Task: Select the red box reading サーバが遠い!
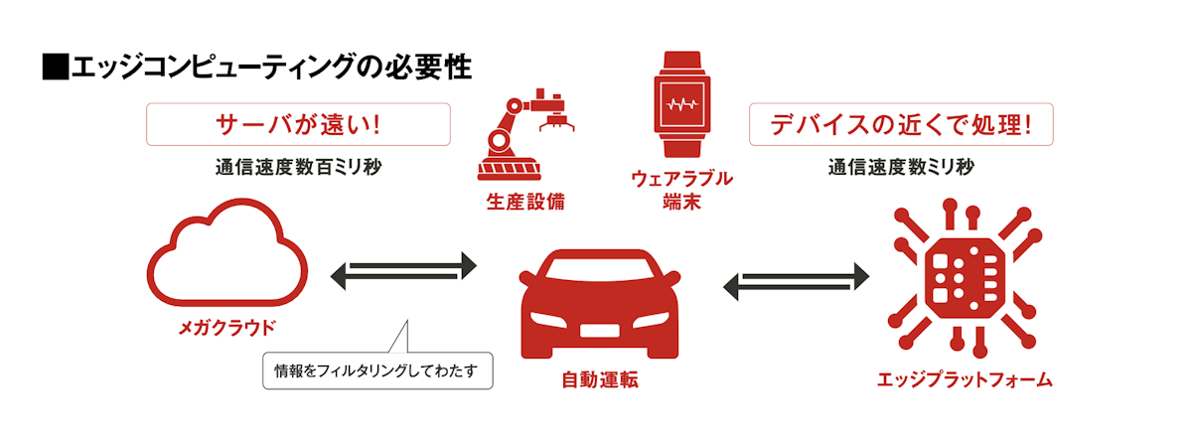click(x=298, y=125)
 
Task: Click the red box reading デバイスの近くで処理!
click(x=900, y=125)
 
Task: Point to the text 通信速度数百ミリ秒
click(x=298, y=167)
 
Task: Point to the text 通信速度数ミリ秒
click(x=900, y=167)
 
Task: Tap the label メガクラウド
click(x=227, y=328)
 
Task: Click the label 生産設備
click(x=525, y=203)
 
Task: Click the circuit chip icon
click(x=964, y=272)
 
